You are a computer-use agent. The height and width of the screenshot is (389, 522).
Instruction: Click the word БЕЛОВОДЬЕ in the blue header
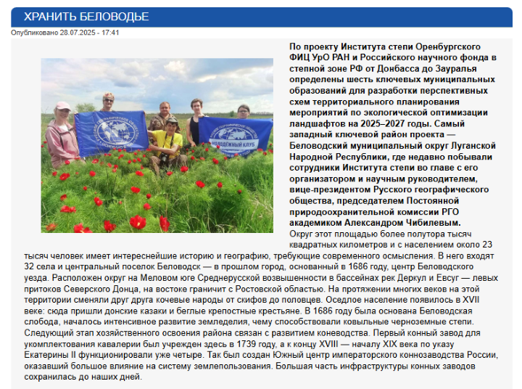click(x=115, y=17)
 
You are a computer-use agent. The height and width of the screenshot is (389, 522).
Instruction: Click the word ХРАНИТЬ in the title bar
click(x=51, y=17)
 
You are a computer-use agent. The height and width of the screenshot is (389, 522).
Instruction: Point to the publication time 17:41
click(x=111, y=33)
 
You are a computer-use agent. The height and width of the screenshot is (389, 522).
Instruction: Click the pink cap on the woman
click(x=63, y=106)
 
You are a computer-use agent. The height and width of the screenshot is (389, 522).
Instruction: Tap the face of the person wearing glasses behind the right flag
click(x=243, y=111)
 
